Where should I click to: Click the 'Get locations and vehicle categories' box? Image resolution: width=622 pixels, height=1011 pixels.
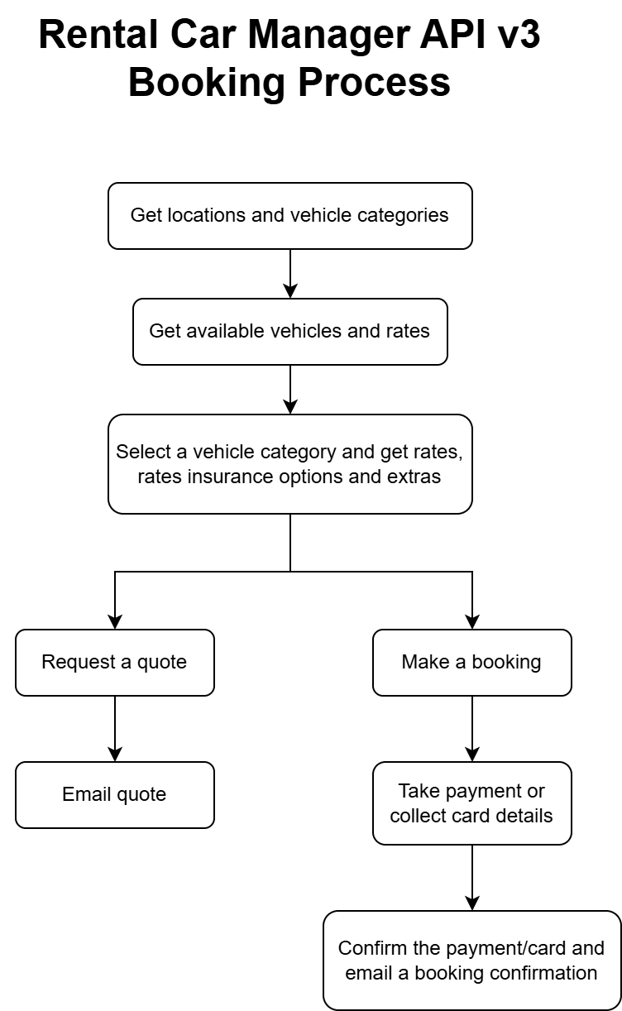point(290,216)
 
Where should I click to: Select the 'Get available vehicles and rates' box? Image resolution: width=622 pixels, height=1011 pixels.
point(290,332)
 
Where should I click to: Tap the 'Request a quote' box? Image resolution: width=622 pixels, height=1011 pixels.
point(115,663)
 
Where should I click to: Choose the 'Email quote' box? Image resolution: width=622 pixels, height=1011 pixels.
point(115,795)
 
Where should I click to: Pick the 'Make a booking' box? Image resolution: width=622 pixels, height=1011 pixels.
point(472,663)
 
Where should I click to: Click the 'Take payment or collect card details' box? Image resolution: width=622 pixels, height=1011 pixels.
point(472,803)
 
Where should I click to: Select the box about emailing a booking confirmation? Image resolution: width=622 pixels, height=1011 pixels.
point(472,961)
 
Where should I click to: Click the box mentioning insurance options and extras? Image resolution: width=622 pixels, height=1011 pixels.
point(290,464)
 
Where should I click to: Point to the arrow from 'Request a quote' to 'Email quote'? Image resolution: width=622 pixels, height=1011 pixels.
point(115,729)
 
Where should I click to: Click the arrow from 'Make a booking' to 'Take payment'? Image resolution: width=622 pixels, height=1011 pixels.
point(472,729)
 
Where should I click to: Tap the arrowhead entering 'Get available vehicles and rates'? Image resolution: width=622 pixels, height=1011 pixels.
point(290,291)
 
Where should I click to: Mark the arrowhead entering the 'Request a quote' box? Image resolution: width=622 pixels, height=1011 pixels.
point(115,622)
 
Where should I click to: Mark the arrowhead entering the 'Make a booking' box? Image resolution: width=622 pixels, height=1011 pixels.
point(472,622)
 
